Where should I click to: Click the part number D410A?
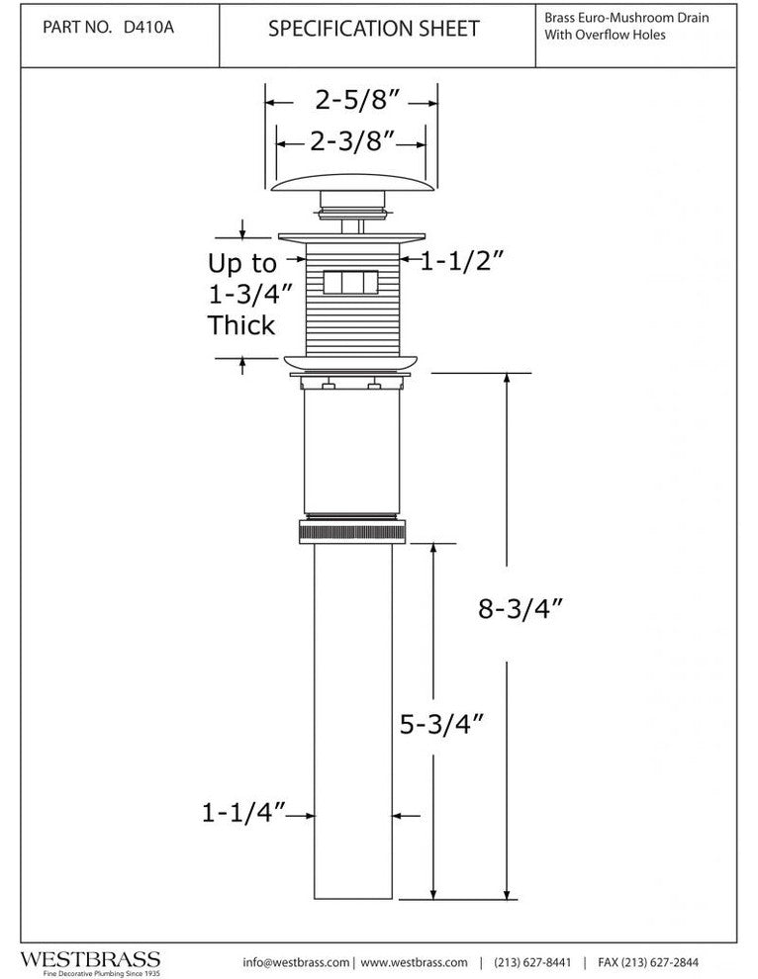148,28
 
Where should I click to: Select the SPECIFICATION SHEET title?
374,29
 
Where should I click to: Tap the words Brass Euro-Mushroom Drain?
626,18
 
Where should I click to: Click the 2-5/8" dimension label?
357,100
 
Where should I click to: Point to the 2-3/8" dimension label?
352,141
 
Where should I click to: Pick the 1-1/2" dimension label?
461,261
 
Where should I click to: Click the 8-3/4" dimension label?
521,608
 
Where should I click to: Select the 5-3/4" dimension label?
441,724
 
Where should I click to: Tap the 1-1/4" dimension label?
243,812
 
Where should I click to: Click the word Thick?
241,325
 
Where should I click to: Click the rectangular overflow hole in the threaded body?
350,282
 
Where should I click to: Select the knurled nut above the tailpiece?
352,532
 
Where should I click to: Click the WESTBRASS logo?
91,959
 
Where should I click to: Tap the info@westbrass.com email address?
296,962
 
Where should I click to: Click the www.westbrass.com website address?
414,962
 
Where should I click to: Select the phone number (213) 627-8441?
532,962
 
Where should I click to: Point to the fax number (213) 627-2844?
648,962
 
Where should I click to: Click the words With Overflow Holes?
605,35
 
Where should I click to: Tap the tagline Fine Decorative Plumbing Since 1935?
101,973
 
